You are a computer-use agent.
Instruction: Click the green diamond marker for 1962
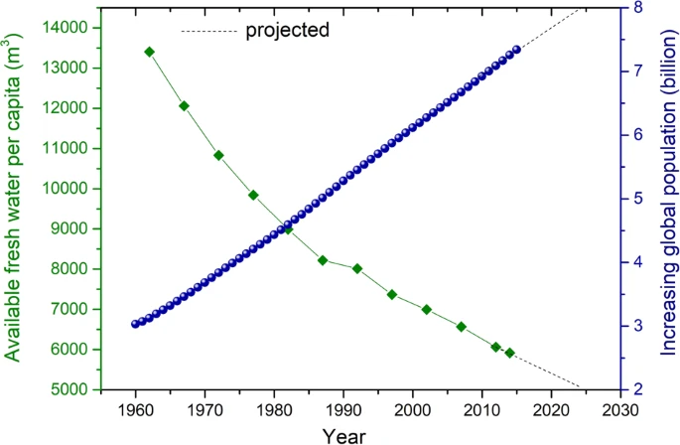click(149, 52)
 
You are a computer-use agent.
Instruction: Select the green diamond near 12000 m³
click(184, 105)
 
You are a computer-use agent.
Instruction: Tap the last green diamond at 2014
click(509, 353)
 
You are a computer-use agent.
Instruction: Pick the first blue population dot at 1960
click(135, 324)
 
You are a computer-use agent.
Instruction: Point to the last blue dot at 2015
click(516, 51)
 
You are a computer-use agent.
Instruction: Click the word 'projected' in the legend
click(287, 30)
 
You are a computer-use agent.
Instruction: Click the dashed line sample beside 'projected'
click(205, 31)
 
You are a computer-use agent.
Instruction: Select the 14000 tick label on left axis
click(68, 28)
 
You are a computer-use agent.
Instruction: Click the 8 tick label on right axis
click(636, 8)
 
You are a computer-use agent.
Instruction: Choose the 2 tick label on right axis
click(636, 388)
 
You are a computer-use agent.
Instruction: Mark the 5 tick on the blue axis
click(636, 199)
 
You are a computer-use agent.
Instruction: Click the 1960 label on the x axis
click(135, 410)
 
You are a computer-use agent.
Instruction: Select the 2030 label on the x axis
click(619, 410)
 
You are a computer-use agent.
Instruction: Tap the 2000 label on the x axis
click(412, 410)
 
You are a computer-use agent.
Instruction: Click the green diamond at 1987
click(323, 260)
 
